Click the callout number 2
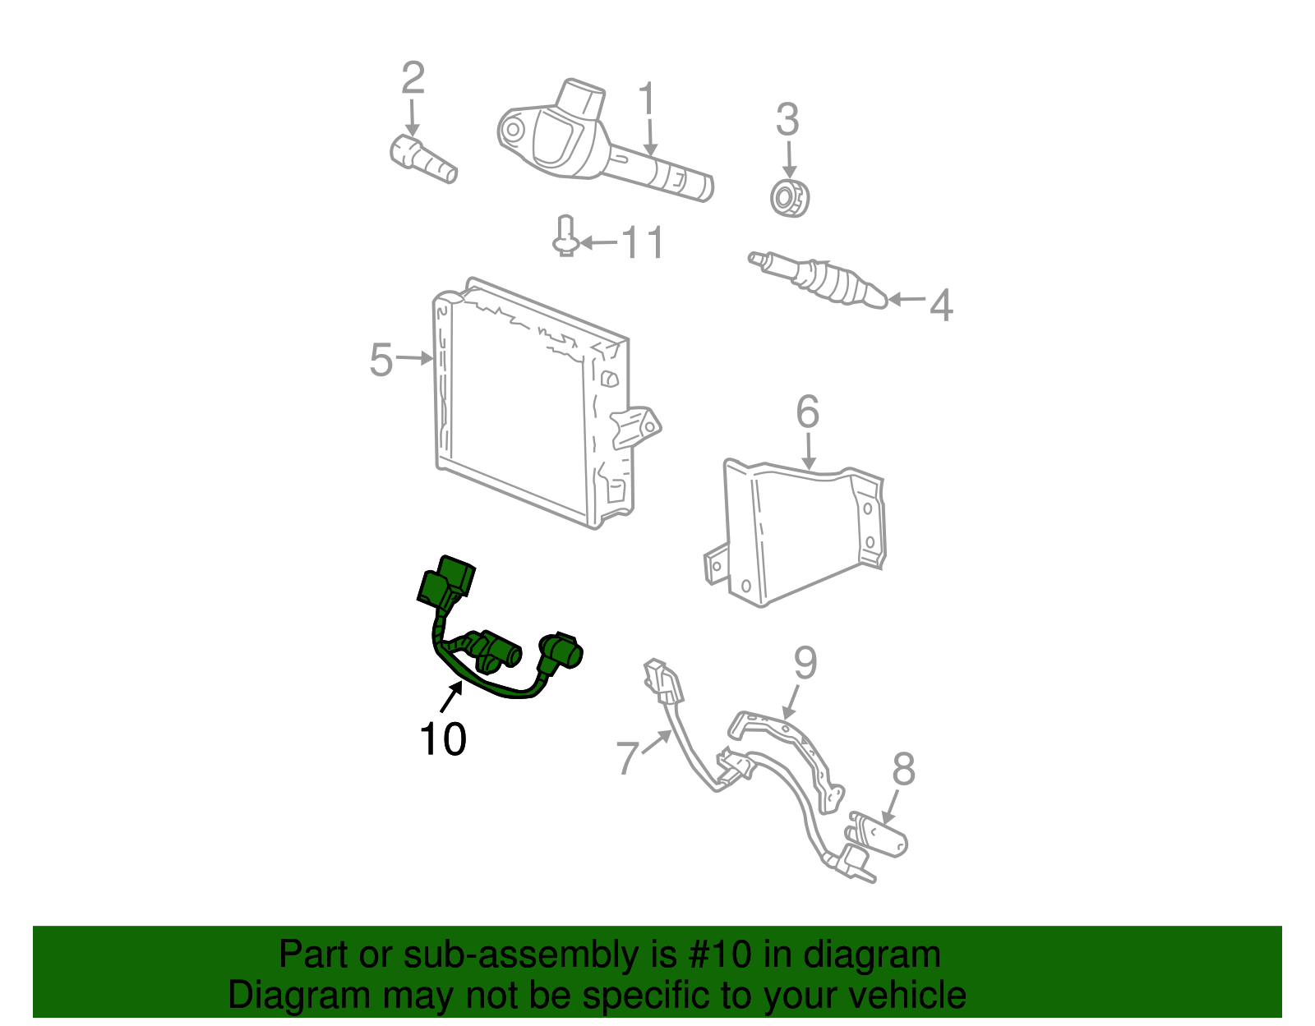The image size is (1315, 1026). [x=413, y=78]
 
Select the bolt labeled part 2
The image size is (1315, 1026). [x=422, y=160]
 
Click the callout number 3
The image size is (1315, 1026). [x=787, y=120]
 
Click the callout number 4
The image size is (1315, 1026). [x=941, y=305]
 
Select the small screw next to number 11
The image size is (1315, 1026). [x=565, y=237]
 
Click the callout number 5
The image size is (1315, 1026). [x=381, y=360]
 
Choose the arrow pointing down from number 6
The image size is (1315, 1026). [x=809, y=452]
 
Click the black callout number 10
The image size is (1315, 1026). [x=442, y=738]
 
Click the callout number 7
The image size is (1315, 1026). [x=627, y=757]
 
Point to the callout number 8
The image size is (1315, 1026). [x=903, y=770]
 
